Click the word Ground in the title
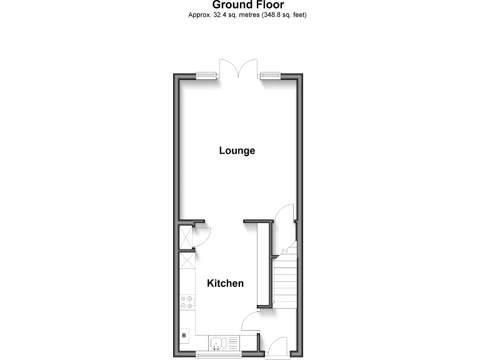[x=222, y=5]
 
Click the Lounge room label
[x=237, y=151]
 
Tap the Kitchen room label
[x=225, y=283]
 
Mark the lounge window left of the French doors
[x=207, y=76]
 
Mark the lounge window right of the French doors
[x=271, y=76]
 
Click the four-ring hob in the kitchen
[x=187, y=303]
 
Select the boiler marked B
[x=184, y=336]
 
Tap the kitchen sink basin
[x=216, y=343]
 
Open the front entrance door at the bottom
[x=275, y=347]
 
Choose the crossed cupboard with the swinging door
[x=186, y=236]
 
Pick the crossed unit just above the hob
[x=186, y=261]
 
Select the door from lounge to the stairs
[x=284, y=214]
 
